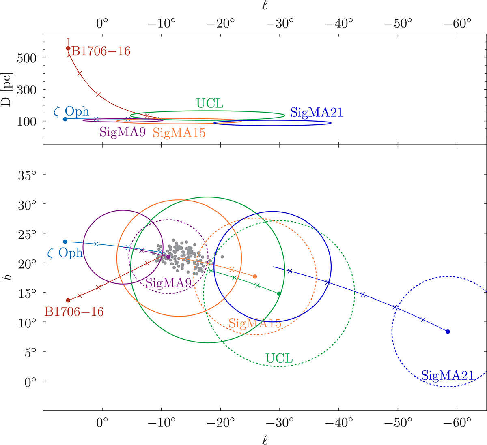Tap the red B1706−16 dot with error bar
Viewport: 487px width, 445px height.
68,48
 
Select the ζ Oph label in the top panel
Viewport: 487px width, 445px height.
71,111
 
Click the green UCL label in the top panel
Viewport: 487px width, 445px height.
210,104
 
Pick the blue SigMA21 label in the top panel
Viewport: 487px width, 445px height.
317,112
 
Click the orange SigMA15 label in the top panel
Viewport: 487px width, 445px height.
179,133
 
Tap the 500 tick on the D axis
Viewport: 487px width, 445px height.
27,58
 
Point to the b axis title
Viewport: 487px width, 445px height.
9,278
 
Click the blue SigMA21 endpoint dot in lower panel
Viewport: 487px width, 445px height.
448,332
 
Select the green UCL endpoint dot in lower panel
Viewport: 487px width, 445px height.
279,293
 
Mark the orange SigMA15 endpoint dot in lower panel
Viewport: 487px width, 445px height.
255,276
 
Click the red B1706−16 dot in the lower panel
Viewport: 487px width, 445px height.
68,300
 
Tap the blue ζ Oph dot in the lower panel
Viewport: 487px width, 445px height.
65,242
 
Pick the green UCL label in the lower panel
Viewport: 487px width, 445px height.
279,358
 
